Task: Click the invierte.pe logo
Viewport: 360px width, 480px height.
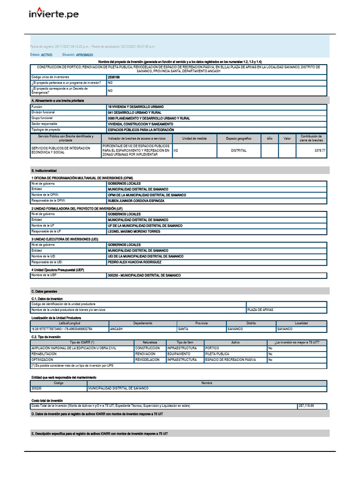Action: coord(53,14)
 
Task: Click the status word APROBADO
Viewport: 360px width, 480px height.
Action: coord(84,55)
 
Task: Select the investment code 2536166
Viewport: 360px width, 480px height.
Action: coord(114,77)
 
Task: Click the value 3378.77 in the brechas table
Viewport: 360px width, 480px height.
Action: coord(319,151)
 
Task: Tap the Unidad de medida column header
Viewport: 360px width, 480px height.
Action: coord(195,139)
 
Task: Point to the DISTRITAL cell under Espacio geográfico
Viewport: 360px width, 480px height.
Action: coord(239,151)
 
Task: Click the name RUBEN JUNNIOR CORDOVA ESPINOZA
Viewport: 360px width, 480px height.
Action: coord(136,201)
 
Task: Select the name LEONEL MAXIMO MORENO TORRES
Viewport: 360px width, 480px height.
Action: coord(134,232)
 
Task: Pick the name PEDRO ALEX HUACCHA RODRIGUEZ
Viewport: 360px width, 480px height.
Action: coord(135,262)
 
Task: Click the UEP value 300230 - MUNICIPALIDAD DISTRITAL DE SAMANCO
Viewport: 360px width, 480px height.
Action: coord(144,276)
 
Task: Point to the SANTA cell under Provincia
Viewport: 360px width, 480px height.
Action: coord(184,329)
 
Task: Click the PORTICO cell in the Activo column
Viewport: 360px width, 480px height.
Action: coord(212,348)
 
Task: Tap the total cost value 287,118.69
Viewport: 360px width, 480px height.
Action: coord(306,406)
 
